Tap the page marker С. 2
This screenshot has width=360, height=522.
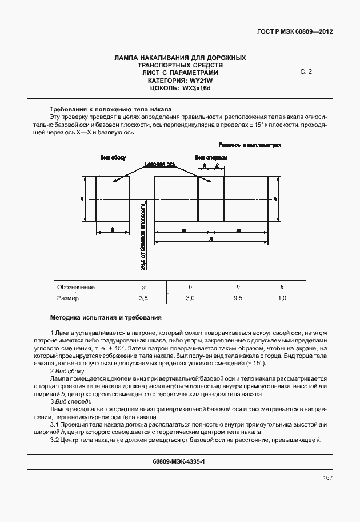(x=306, y=72)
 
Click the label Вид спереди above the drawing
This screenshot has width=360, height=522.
(x=211, y=157)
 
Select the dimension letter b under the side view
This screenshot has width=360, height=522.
(x=113, y=229)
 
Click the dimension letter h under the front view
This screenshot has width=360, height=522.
(x=211, y=239)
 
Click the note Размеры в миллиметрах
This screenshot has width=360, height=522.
(x=249, y=145)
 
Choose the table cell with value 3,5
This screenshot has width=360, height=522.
(x=143, y=298)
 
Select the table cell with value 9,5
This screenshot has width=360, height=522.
(x=237, y=298)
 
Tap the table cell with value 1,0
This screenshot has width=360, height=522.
(x=282, y=298)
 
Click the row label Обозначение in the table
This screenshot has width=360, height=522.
(x=76, y=287)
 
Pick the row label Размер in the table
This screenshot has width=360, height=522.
(x=67, y=298)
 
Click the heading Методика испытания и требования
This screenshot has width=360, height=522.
(x=106, y=317)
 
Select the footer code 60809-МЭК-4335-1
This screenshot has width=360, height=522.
(x=179, y=460)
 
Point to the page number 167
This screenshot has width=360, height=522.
(x=327, y=477)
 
